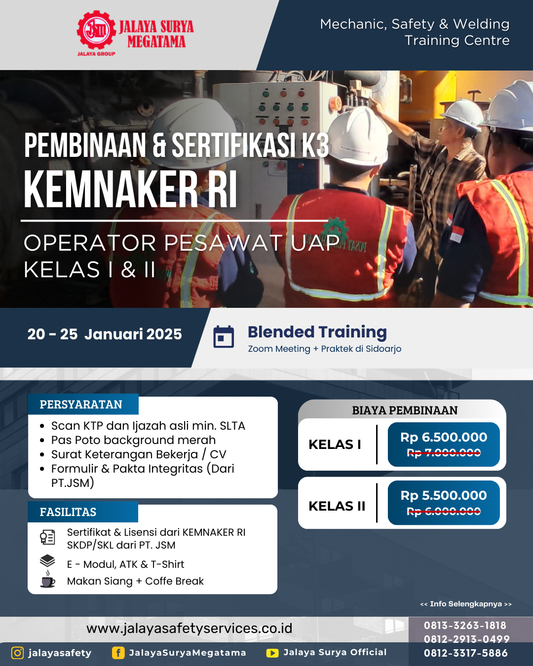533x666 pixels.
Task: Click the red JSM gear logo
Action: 96,30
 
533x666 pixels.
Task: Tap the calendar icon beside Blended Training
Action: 224,336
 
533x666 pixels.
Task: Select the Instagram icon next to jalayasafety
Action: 17,653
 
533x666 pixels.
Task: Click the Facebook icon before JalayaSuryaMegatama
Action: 118,653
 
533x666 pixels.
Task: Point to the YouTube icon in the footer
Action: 272,653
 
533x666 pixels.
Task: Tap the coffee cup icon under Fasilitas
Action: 48,579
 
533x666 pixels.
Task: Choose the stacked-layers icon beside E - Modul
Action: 47,561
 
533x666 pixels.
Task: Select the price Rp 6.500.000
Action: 444,437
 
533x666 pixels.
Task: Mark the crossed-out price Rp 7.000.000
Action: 444,453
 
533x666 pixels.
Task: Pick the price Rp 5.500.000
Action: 444,495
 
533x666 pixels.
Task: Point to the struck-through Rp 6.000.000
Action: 444,511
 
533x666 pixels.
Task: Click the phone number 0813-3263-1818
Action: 465,626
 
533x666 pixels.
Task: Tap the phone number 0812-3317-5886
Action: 466,653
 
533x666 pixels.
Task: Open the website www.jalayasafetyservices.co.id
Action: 189,629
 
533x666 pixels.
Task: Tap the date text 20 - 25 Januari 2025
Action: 104,334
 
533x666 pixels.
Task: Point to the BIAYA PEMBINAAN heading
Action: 405,410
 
